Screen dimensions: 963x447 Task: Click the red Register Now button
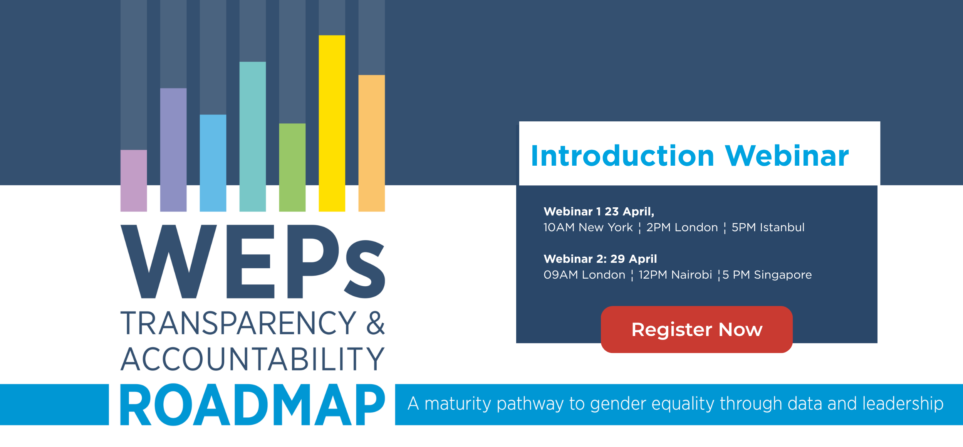pyautogui.click(x=696, y=329)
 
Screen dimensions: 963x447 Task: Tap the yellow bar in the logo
pyautogui.click(x=332, y=123)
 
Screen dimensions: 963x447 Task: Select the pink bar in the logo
pyautogui.click(x=134, y=181)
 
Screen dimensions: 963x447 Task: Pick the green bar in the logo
pyautogui.click(x=292, y=168)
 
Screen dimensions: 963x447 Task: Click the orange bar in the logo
pyautogui.click(x=372, y=143)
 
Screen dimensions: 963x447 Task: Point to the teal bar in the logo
pyautogui.click(x=253, y=137)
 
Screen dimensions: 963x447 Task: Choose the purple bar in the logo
pyautogui.click(x=173, y=150)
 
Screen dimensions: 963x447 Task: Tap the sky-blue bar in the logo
pyautogui.click(x=213, y=163)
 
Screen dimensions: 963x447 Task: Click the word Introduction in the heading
pyautogui.click(x=622, y=156)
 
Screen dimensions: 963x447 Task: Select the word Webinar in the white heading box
pyautogui.click(x=787, y=156)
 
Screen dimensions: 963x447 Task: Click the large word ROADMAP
pyautogui.click(x=253, y=405)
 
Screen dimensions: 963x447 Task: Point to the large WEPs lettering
pyautogui.click(x=253, y=261)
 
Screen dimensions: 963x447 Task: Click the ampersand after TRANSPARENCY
pyautogui.click(x=376, y=323)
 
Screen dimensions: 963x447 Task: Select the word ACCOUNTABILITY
pyautogui.click(x=253, y=359)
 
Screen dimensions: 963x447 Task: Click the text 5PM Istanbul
pyautogui.click(x=768, y=227)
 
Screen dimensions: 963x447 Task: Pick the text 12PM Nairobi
pyautogui.click(x=675, y=275)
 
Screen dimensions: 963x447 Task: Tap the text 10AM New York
pyautogui.click(x=588, y=227)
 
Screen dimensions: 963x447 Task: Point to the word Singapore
pyautogui.click(x=783, y=275)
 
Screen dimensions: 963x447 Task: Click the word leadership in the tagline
pyautogui.click(x=903, y=404)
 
